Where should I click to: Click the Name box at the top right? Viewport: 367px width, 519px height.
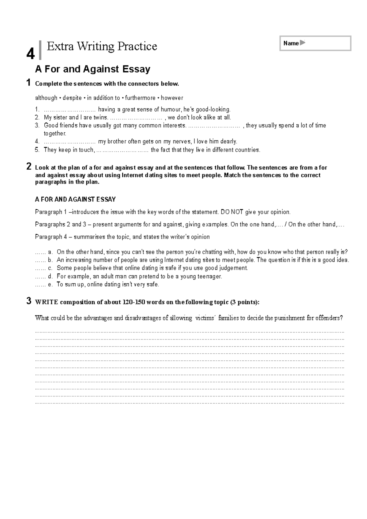pos(315,43)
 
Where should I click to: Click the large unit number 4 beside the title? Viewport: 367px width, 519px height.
pos(30,54)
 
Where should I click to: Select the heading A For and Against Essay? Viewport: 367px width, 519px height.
pos(93,69)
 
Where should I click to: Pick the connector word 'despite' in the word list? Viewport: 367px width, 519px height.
pos(72,98)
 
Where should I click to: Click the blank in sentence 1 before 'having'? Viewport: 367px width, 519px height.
pos(70,109)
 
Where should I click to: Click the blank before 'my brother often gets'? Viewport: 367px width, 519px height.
pos(70,142)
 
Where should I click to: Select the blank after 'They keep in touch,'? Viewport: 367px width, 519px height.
pos(122,150)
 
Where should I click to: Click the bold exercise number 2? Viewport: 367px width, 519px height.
pos(29,167)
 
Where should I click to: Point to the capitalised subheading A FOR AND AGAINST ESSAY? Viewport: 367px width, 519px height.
pos(75,200)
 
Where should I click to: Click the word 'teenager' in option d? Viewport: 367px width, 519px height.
pos(210,277)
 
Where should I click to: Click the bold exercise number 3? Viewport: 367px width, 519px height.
pos(29,301)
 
